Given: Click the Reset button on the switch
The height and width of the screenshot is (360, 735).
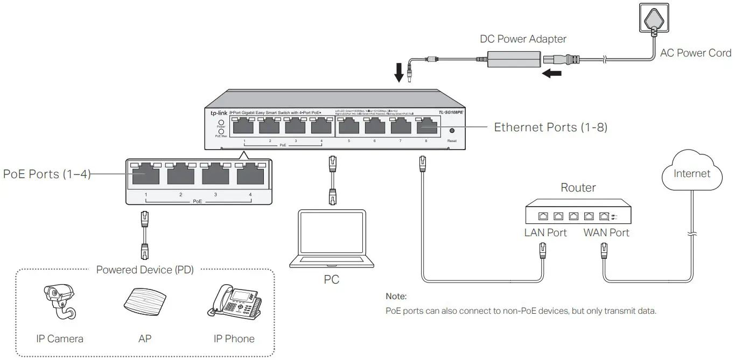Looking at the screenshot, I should coord(452,130).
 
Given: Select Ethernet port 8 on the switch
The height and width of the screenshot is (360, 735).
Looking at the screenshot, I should coord(427,127).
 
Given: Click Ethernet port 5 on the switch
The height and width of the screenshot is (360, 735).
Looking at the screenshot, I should coord(349,127).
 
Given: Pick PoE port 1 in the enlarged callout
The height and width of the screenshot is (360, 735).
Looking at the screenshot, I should coord(145,175).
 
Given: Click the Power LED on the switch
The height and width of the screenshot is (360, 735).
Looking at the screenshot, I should coord(221,122).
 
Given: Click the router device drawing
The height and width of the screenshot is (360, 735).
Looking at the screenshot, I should coord(578,211).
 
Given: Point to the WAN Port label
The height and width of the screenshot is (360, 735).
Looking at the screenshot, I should coord(606,232).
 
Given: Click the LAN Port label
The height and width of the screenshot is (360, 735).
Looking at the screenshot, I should coord(545,232).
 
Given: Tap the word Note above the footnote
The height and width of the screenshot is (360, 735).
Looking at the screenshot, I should coord(396,296).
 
